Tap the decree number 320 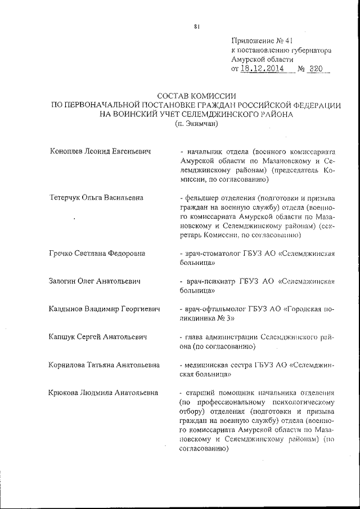pyautogui.click(x=317, y=69)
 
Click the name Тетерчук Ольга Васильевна pyautogui.click(x=96, y=197)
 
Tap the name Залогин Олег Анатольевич pyautogui.click(x=94, y=281)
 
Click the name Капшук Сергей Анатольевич pyautogui.click(x=98, y=337)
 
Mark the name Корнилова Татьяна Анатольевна pyautogui.click(x=104, y=364)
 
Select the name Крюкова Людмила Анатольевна pyautogui.click(x=103, y=393)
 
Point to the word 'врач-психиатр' pyautogui.click(x=208, y=281)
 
